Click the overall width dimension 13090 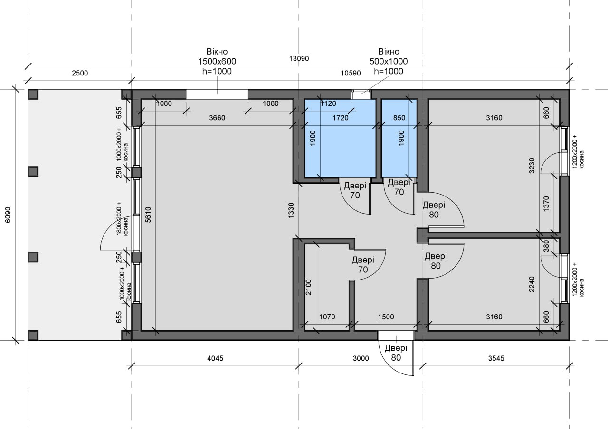299,58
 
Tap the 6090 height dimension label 8,215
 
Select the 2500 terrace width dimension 80,73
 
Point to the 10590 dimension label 351,73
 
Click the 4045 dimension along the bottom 215,358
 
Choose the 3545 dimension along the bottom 496,358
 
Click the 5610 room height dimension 148,215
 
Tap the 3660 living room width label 217,118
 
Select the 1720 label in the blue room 341,118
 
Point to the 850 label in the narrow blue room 399,118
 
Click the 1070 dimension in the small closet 327,317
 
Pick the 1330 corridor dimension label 291,210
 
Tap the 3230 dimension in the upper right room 532,166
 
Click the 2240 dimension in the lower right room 532,284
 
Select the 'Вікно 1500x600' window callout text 217,62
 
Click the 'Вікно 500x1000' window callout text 389,62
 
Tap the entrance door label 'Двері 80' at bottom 396,353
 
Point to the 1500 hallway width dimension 386,317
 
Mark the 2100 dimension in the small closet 309,287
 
